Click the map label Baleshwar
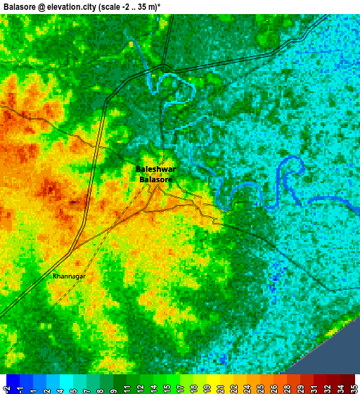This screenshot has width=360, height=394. pos(155,170)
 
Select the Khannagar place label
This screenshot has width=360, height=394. pos(69,277)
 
